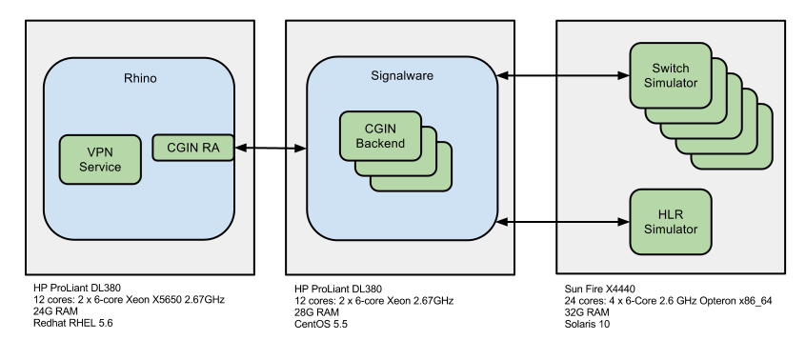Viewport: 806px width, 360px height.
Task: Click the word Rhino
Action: tap(140, 78)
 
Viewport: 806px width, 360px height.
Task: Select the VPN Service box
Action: tap(100, 159)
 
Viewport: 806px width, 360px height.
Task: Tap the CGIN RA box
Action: tap(192, 148)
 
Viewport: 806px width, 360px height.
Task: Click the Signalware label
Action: tap(401, 75)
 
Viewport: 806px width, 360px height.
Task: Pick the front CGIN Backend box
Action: tap(380, 136)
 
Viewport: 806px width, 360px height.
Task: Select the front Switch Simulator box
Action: tap(670, 75)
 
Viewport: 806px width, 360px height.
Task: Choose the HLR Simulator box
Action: tap(670, 222)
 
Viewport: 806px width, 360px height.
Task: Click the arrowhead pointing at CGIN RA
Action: tap(240, 148)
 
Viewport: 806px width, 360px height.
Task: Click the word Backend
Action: tap(380, 144)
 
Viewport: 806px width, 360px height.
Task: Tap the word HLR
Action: tap(670, 214)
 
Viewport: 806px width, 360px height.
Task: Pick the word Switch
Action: tap(670, 69)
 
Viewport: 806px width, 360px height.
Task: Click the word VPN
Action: tap(100, 152)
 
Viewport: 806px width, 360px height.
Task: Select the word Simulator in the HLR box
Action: tap(670, 230)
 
